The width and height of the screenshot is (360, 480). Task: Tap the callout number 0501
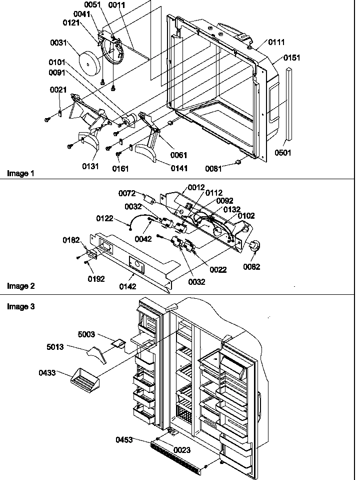pyautogui.click(x=283, y=153)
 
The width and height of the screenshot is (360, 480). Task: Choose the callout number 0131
pyautogui.click(x=91, y=166)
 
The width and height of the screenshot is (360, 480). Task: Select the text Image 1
pyautogui.click(x=20, y=173)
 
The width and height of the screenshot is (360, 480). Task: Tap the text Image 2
pyautogui.click(x=20, y=286)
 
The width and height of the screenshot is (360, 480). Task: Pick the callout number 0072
pyautogui.click(x=126, y=193)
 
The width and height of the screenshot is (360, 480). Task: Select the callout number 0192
pyautogui.click(x=96, y=279)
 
